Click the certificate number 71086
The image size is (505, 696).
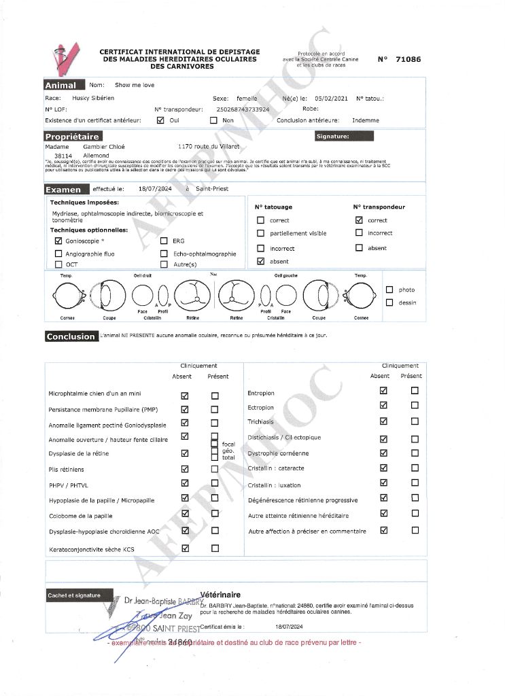tap(408, 59)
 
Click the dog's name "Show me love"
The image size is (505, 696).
tap(135, 85)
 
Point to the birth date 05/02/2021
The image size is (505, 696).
tap(332, 99)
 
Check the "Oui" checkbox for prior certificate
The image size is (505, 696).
tap(160, 120)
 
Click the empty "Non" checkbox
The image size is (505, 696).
tap(213, 120)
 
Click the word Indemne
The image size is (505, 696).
tap(365, 120)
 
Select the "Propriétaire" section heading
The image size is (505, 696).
tap(72, 137)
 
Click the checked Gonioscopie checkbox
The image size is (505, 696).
tap(58, 241)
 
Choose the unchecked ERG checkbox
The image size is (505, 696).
tap(164, 241)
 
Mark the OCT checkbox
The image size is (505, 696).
tap(58, 264)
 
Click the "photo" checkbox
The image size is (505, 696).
tap(389, 290)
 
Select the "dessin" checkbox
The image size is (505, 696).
tap(389, 302)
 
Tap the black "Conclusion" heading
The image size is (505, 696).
tap(71, 336)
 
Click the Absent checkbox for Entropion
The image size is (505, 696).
tap(383, 391)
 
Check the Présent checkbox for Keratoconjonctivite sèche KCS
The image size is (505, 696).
tap(215, 549)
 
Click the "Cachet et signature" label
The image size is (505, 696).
tap(73, 595)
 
